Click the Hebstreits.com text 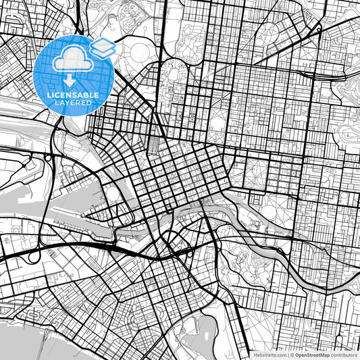[x=269, y=355]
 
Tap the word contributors [x=344, y=355]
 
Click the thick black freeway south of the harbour [x=81, y=246]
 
